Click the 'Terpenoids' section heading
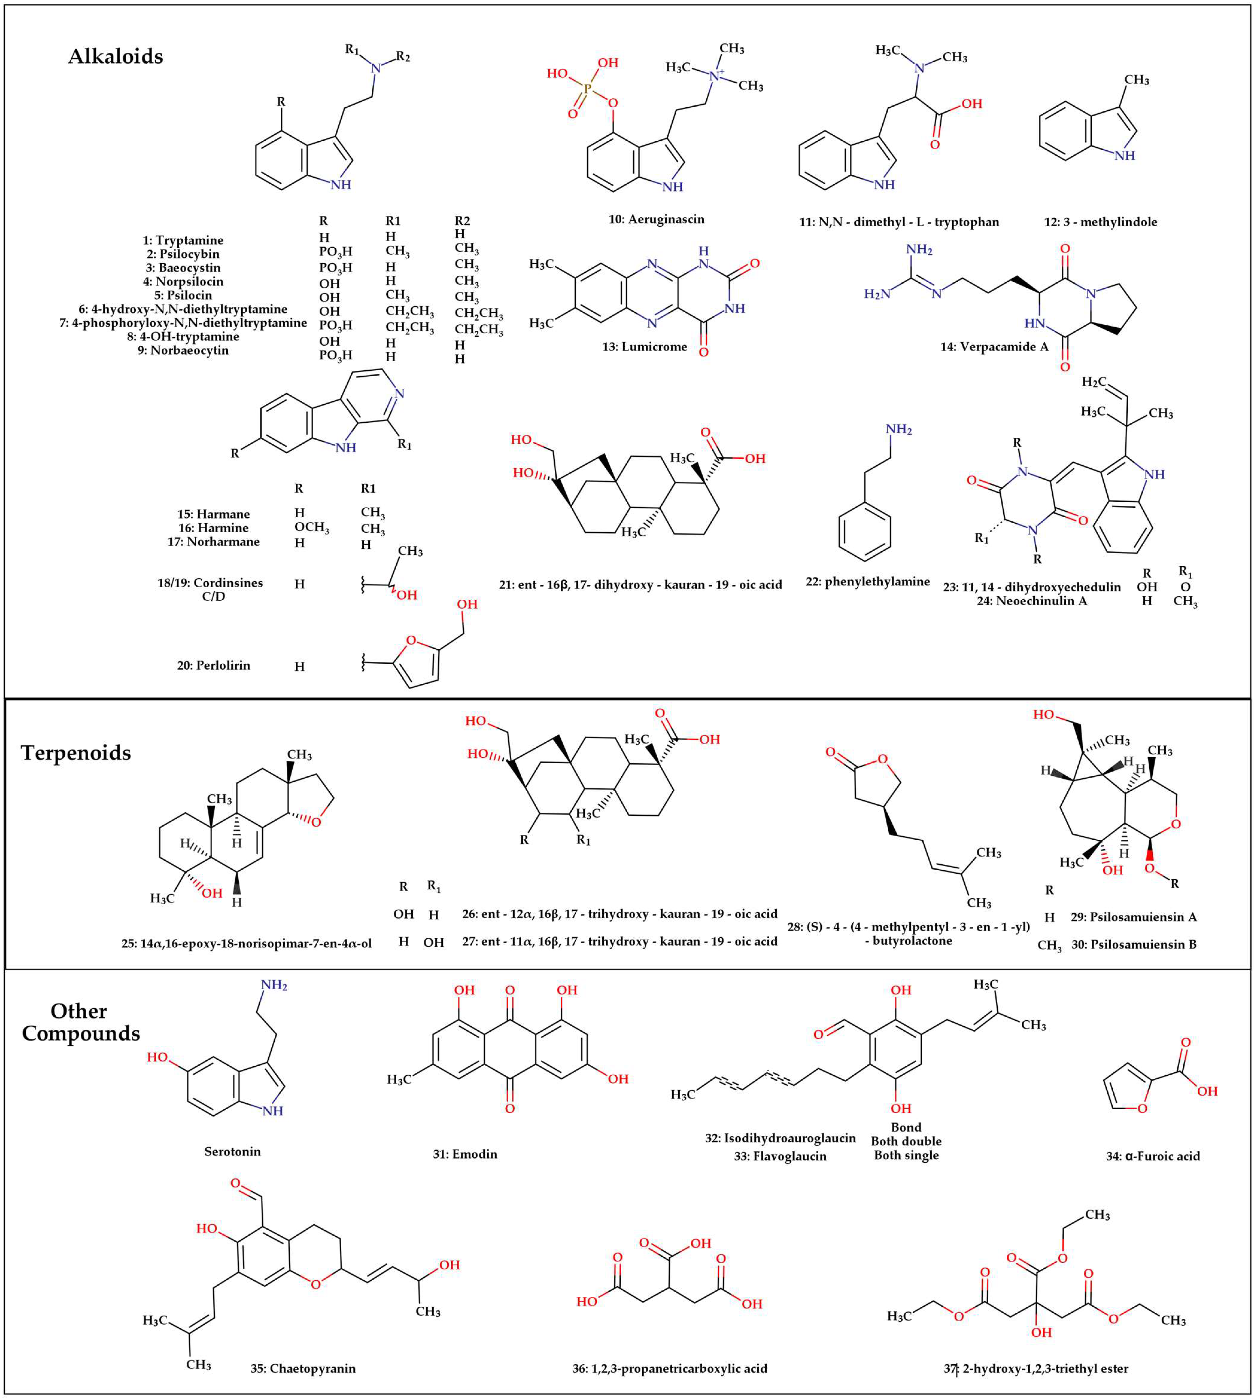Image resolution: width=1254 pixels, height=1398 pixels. tap(76, 752)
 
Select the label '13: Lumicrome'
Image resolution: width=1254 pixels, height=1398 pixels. tap(644, 347)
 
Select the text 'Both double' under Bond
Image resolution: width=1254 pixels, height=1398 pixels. tap(906, 1141)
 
